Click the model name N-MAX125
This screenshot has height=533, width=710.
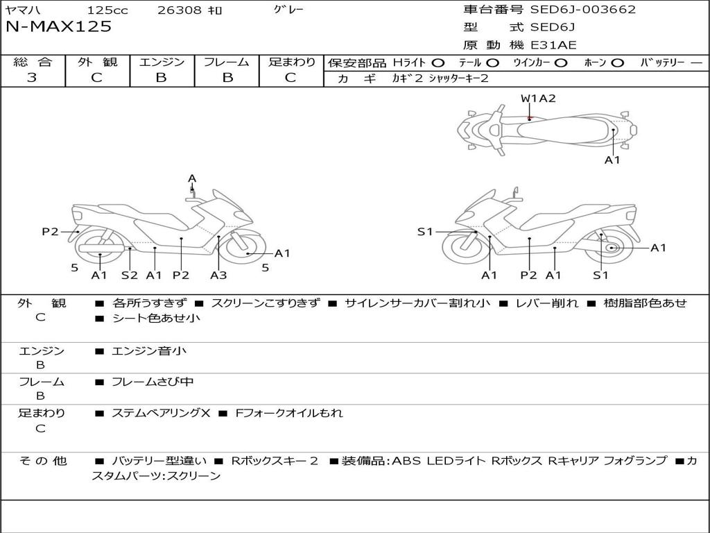tap(58, 27)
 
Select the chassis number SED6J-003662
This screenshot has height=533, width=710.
tap(582, 10)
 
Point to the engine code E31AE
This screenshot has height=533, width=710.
tap(554, 45)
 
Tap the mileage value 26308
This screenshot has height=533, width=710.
tap(179, 10)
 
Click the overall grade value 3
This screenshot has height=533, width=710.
tap(32, 78)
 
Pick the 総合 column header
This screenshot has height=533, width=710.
tap(33, 62)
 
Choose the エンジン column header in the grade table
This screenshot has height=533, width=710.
tap(162, 62)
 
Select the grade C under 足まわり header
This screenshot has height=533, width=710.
tap(291, 78)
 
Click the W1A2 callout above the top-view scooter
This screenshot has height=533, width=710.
tap(538, 99)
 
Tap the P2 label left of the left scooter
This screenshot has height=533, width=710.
tap(50, 232)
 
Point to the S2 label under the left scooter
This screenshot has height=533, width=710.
tap(130, 275)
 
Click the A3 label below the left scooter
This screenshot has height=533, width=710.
tap(218, 275)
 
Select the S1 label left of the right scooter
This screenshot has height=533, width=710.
tap(425, 232)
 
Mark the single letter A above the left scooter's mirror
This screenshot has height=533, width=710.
tap(192, 178)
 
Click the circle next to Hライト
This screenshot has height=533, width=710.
tap(438, 62)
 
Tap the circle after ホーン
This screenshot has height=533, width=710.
tap(617, 62)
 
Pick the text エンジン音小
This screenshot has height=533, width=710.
tap(149, 351)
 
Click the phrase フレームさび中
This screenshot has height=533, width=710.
tap(153, 382)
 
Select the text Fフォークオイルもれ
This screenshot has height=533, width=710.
tap(289, 413)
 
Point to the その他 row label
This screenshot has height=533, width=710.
tap(42, 460)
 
